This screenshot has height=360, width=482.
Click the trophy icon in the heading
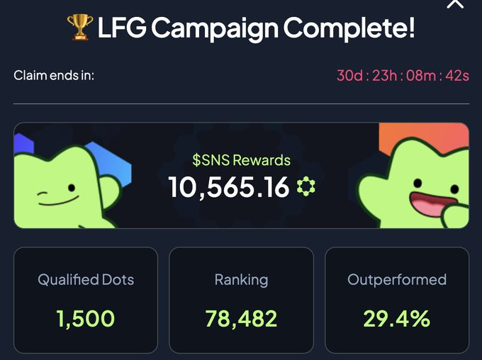point(79,29)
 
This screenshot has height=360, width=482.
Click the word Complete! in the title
point(349,29)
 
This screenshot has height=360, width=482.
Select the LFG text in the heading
point(120,29)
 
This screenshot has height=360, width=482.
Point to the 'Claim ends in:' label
point(54,75)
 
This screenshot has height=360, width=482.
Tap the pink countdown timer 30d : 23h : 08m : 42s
point(403,76)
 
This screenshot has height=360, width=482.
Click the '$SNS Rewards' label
point(242,160)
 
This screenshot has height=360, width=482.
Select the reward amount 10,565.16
point(229,187)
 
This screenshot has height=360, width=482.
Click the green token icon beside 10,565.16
point(306,187)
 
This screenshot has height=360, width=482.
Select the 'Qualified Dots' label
point(86,280)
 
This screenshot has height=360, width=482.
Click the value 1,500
point(85,319)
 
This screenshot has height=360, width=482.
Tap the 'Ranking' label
point(241,280)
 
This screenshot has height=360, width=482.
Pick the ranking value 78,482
point(241,319)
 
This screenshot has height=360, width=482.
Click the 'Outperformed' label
point(397,280)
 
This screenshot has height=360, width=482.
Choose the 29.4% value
point(397,319)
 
